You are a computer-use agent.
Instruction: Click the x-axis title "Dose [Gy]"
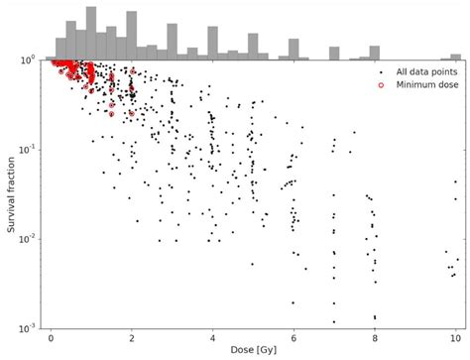253,350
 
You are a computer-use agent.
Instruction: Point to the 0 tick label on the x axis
52,336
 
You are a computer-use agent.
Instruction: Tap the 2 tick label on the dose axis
132,336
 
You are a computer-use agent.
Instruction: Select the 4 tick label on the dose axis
212,336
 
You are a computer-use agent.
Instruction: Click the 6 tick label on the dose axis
294,336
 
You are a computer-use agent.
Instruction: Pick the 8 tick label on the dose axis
374,336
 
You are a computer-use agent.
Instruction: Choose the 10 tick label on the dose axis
454,336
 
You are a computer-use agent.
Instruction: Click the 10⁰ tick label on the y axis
28,60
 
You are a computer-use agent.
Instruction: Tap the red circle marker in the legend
382,85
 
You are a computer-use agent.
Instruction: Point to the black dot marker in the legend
382,72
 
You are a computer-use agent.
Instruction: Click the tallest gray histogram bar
91,34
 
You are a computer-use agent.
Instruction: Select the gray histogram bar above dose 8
374,53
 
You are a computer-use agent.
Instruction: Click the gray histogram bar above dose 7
334,53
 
